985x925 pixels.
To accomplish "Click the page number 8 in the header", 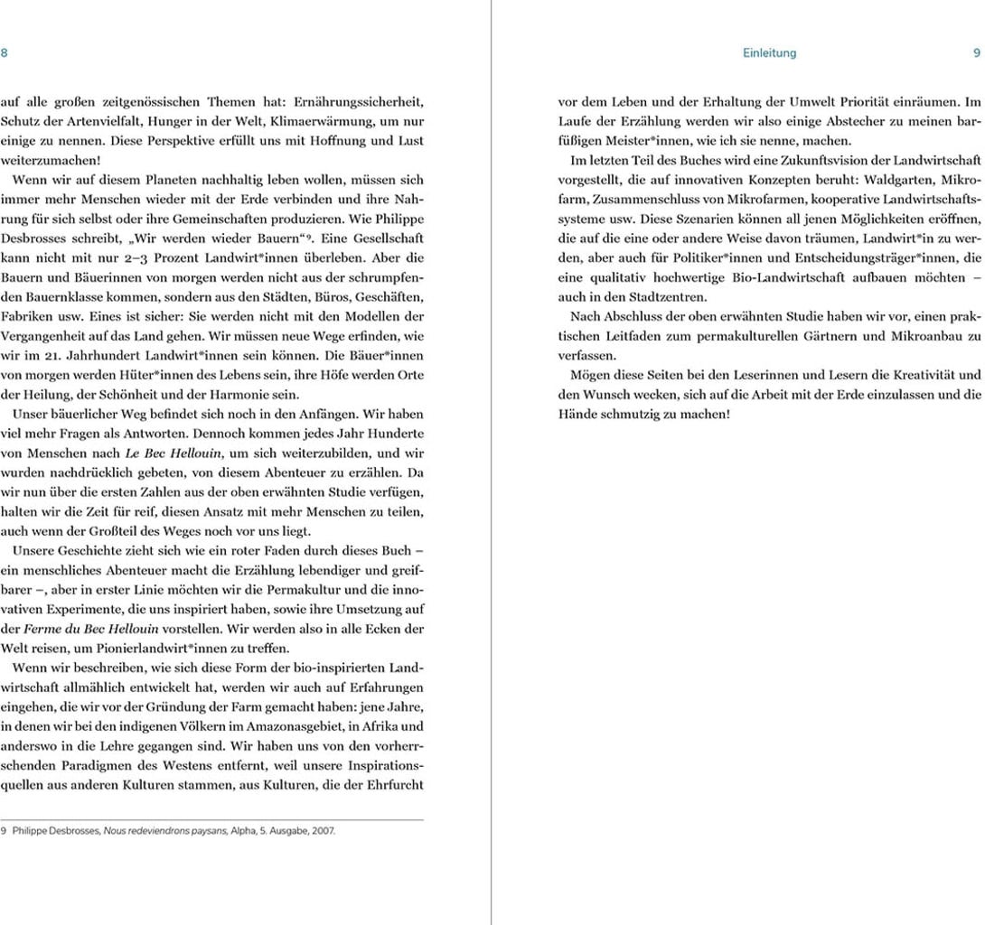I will pos(5,53).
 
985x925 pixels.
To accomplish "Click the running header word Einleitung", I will pos(769,53).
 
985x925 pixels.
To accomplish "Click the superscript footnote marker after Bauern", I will pos(308,238).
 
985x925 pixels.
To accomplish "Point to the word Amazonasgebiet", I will pos(292,726).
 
